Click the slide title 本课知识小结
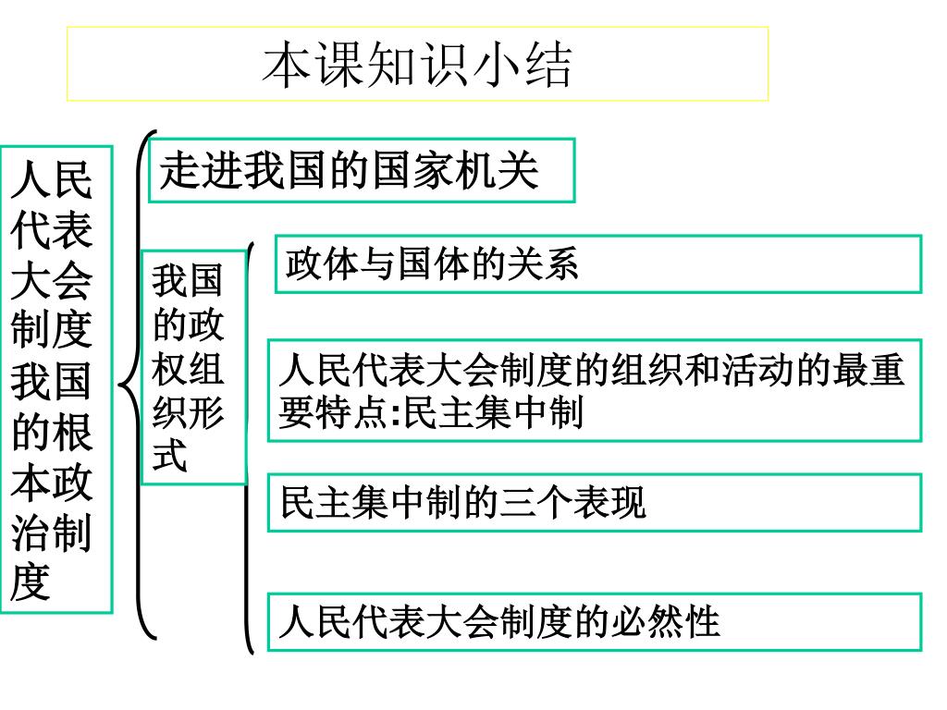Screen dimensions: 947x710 click(418, 64)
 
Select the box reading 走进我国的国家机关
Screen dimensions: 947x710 click(362, 171)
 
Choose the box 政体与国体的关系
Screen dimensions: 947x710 click(597, 264)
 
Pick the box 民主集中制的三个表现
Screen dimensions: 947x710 click(594, 503)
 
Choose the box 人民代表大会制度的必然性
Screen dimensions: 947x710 click(594, 622)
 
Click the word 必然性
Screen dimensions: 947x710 click(664, 622)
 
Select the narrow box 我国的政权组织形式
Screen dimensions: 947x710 click(192, 367)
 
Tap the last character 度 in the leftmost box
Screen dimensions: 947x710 click(31, 583)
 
